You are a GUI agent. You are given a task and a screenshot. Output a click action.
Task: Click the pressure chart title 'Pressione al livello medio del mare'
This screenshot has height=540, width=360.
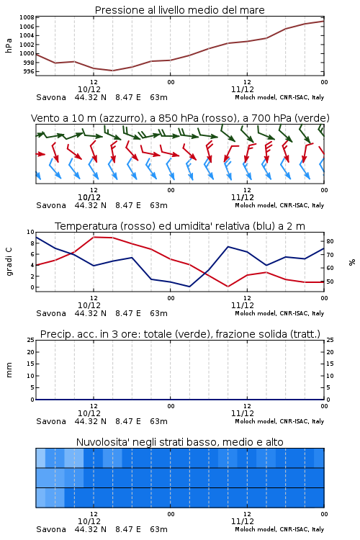(x=179, y=10)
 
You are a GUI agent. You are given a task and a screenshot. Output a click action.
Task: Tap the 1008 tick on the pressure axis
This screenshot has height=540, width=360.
(x=27, y=17)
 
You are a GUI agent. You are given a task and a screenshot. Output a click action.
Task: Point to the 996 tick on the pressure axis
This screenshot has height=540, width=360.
(x=29, y=71)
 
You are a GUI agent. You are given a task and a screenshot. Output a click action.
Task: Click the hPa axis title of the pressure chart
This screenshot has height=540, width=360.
(x=9, y=45)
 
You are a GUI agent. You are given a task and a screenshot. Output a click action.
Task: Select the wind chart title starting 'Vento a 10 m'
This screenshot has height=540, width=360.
(x=180, y=118)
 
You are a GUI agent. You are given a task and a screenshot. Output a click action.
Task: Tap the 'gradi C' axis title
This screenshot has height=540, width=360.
(x=9, y=261)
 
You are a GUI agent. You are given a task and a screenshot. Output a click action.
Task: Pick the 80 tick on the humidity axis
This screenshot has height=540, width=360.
(x=330, y=241)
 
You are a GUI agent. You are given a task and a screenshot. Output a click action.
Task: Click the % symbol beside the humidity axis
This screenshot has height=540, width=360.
(x=352, y=262)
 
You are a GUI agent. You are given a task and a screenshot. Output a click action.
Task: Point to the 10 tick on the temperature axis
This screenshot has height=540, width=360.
(x=30, y=232)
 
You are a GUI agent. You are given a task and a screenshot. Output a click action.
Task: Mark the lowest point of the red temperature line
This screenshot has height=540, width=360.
(x=228, y=287)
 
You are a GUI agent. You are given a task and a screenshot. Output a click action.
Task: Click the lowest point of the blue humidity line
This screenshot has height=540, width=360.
(x=189, y=287)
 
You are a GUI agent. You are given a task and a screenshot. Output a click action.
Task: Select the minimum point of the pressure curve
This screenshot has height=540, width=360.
(x=112, y=71)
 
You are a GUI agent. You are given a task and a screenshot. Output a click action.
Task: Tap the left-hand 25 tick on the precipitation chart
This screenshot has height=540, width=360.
(x=30, y=340)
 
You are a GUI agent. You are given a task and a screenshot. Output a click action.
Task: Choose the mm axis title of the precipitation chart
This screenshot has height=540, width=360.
(x=9, y=370)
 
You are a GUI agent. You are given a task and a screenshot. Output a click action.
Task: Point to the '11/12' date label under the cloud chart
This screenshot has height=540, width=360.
(x=243, y=521)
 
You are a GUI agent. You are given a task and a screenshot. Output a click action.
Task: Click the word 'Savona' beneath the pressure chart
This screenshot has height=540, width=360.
(x=51, y=97)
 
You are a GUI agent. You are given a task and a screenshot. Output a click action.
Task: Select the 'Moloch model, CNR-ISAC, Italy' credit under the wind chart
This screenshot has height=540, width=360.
(x=279, y=205)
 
